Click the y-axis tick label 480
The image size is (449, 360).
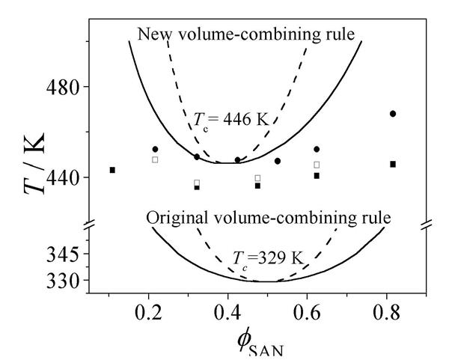click(x=64, y=88)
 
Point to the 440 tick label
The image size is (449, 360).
click(x=64, y=177)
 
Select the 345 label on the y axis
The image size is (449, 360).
click(x=64, y=255)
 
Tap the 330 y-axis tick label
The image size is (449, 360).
click(x=64, y=280)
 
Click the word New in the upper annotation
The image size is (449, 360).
click(x=153, y=34)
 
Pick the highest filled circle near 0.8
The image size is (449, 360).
click(x=393, y=114)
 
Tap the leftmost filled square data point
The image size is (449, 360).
click(x=112, y=170)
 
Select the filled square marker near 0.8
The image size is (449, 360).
click(x=393, y=164)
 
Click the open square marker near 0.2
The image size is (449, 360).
click(x=155, y=159)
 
